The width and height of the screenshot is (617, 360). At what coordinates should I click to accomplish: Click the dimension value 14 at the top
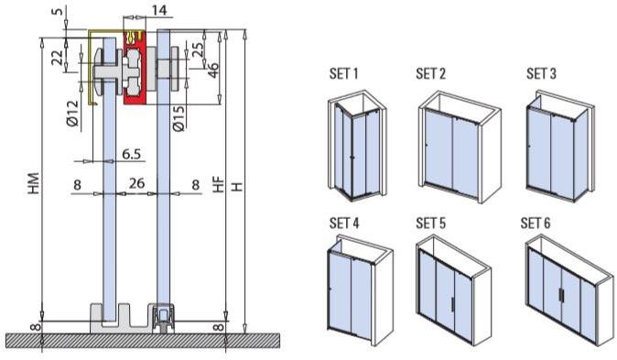tap(160, 10)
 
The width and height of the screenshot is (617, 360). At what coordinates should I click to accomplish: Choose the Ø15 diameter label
tap(179, 118)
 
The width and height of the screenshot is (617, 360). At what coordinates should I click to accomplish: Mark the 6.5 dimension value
tap(131, 155)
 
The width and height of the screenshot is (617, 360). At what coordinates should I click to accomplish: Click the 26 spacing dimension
tap(136, 184)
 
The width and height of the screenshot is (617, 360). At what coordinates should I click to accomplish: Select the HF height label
tap(218, 183)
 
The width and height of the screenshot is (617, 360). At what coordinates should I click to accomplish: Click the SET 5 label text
tap(431, 223)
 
